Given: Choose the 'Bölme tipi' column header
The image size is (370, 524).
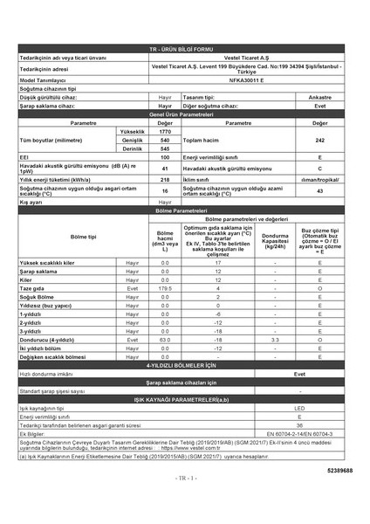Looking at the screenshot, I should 61,237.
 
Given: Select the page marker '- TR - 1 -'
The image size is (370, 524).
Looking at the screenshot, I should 185,478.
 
